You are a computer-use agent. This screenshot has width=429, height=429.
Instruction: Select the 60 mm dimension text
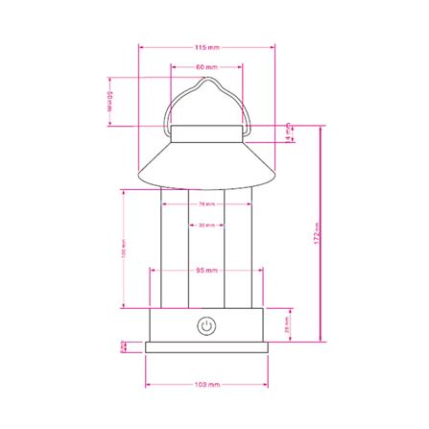205,68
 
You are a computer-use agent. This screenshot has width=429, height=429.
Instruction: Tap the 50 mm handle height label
111,102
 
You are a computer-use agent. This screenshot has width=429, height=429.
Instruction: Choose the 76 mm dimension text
205,204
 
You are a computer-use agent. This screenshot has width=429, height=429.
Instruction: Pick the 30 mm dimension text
205,226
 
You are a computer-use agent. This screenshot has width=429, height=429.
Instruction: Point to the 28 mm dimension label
289,326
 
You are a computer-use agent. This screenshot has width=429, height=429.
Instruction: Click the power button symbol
205,326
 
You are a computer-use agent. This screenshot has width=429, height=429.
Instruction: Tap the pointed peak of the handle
206,83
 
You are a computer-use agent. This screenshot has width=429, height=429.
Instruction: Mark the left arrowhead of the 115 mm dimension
140,46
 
